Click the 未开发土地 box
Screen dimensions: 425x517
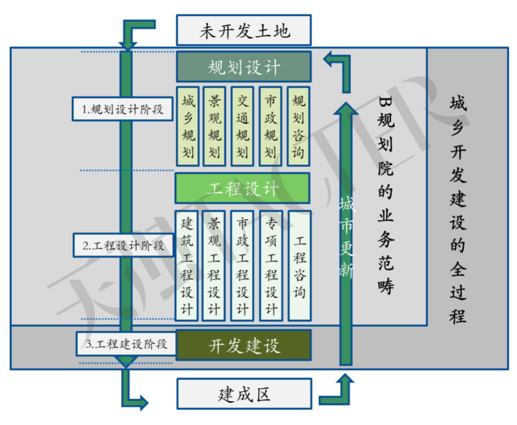click(244, 31)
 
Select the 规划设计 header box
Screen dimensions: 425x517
click(244, 67)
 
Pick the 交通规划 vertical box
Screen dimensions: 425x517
click(243, 126)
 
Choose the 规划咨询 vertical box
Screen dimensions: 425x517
click(298, 126)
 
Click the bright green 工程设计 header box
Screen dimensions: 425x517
click(243, 188)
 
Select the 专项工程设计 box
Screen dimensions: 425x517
click(271, 265)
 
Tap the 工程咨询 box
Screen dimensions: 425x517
click(300, 265)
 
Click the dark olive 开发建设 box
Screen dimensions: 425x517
click(244, 345)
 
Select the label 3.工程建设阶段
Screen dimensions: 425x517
click(126, 344)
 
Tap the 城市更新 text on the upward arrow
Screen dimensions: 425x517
click(346, 238)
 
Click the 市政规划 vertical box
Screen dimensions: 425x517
click(270, 126)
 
